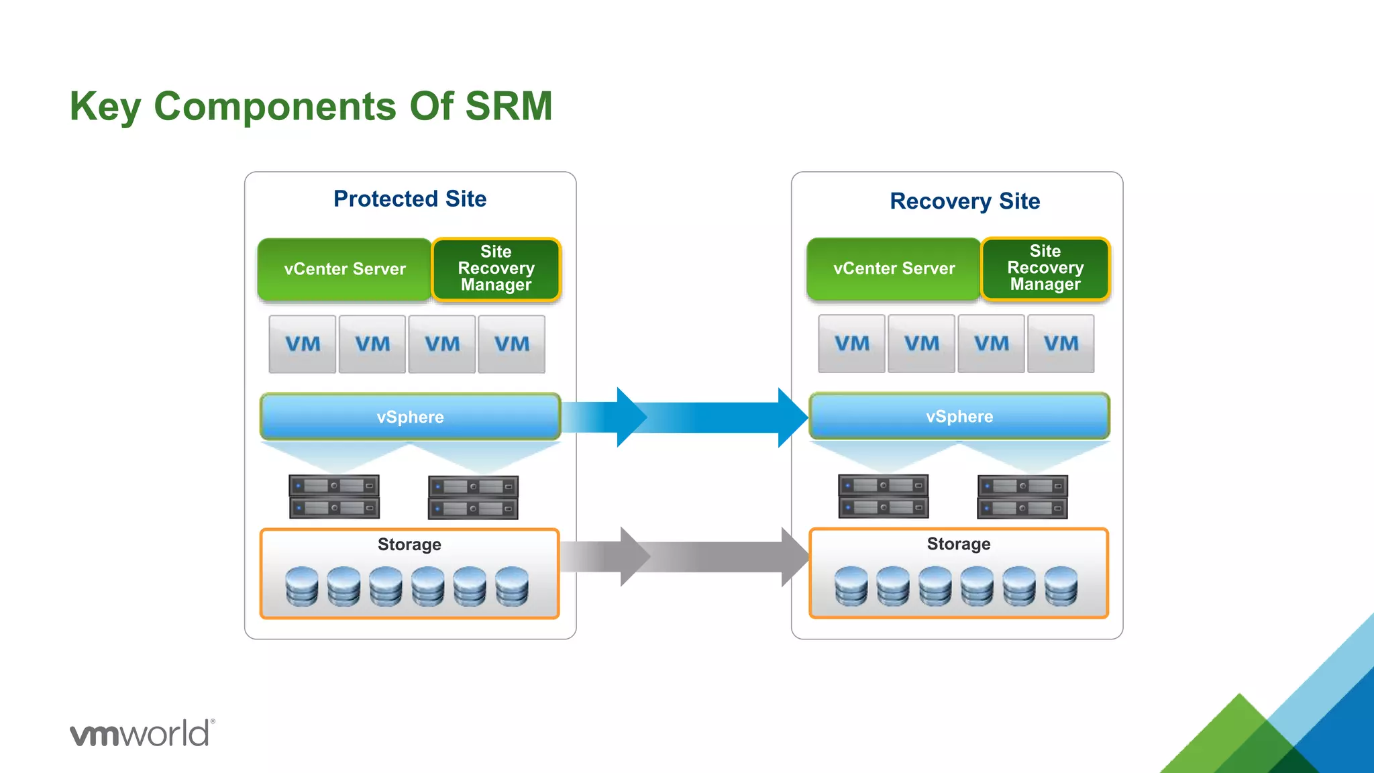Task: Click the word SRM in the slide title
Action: [508, 106]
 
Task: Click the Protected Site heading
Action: [410, 199]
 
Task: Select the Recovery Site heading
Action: [964, 201]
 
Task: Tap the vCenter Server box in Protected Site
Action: [344, 269]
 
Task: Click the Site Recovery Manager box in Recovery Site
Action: [1045, 268]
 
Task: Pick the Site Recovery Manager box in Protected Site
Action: [496, 268]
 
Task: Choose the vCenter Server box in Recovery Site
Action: [894, 268]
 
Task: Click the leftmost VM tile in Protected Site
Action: [303, 344]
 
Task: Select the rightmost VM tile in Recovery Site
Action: [1061, 344]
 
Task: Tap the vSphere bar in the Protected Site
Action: [410, 417]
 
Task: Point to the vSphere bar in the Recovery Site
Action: [959, 416]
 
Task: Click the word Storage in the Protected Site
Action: [409, 544]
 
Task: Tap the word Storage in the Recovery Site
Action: [958, 544]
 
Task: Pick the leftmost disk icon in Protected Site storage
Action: [302, 586]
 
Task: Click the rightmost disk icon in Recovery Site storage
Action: [1061, 586]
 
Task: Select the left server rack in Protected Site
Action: [334, 497]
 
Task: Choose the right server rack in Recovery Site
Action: [1022, 497]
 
